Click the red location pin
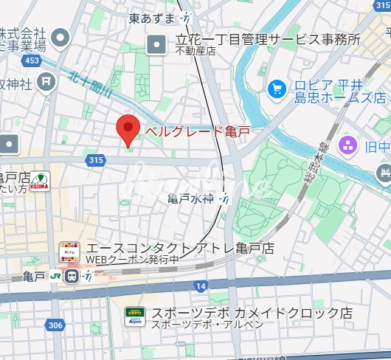(x=129, y=130)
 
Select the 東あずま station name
(x=152, y=17)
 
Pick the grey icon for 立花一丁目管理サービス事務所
(x=157, y=46)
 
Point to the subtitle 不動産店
(x=195, y=52)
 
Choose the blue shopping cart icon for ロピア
(x=277, y=89)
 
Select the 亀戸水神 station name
(x=190, y=198)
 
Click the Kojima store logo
(x=38, y=181)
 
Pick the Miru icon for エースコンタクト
(x=69, y=251)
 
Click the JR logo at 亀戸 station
(x=56, y=277)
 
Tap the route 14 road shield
(x=201, y=285)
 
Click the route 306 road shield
(x=55, y=325)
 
